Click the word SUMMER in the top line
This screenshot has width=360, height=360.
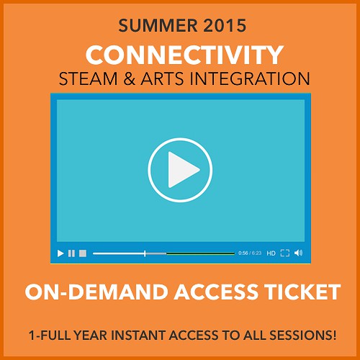pyautogui.click(x=158, y=25)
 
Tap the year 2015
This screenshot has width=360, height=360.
pyautogui.click(x=225, y=25)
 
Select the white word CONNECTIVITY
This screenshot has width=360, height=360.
pyautogui.click(x=184, y=55)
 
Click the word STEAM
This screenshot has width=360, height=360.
pyautogui.click(x=88, y=78)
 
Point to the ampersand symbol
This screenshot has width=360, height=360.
pyautogui.click(x=130, y=78)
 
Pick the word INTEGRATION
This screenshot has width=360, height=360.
pyautogui.click(x=250, y=78)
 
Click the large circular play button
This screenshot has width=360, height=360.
pyautogui.click(x=180, y=170)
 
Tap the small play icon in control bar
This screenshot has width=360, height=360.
pyautogui.click(x=60, y=253)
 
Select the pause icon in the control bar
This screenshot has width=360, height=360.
pyautogui.click(x=71, y=253)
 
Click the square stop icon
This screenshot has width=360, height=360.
pyautogui.click(x=83, y=253)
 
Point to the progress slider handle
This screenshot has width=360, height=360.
pyautogui.click(x=145, y=253)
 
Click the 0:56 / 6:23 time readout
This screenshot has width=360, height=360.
pyautogui.click(x=250, y=253)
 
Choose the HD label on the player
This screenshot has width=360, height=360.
pyautogui.click(x=271, y=253)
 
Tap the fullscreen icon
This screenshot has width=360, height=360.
pyautogui.click(x=285, y=253)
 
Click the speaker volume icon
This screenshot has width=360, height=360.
pyautogui.click(x=298, y=253)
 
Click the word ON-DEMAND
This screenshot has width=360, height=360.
pyautogui.click(x=96, y=292)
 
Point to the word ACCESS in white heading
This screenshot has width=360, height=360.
pyautogui.click(x=216, y=292)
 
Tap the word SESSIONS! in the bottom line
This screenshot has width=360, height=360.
pyautogui.click(x=302, y=335)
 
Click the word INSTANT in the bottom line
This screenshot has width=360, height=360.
pyautogui.click(x=138, y=335)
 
